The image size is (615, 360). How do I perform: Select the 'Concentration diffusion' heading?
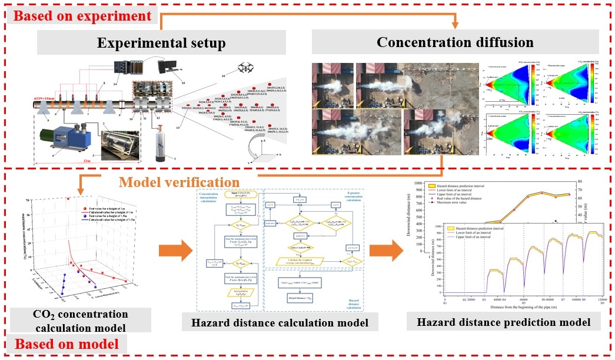(455, 42)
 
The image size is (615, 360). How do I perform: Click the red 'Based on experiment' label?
(81, 14)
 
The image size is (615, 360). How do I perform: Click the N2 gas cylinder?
(157, 147)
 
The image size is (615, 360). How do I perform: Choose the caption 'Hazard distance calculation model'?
(280, 322)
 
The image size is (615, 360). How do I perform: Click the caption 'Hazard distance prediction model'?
(503, 322)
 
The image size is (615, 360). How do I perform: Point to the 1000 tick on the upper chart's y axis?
(429, 183)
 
